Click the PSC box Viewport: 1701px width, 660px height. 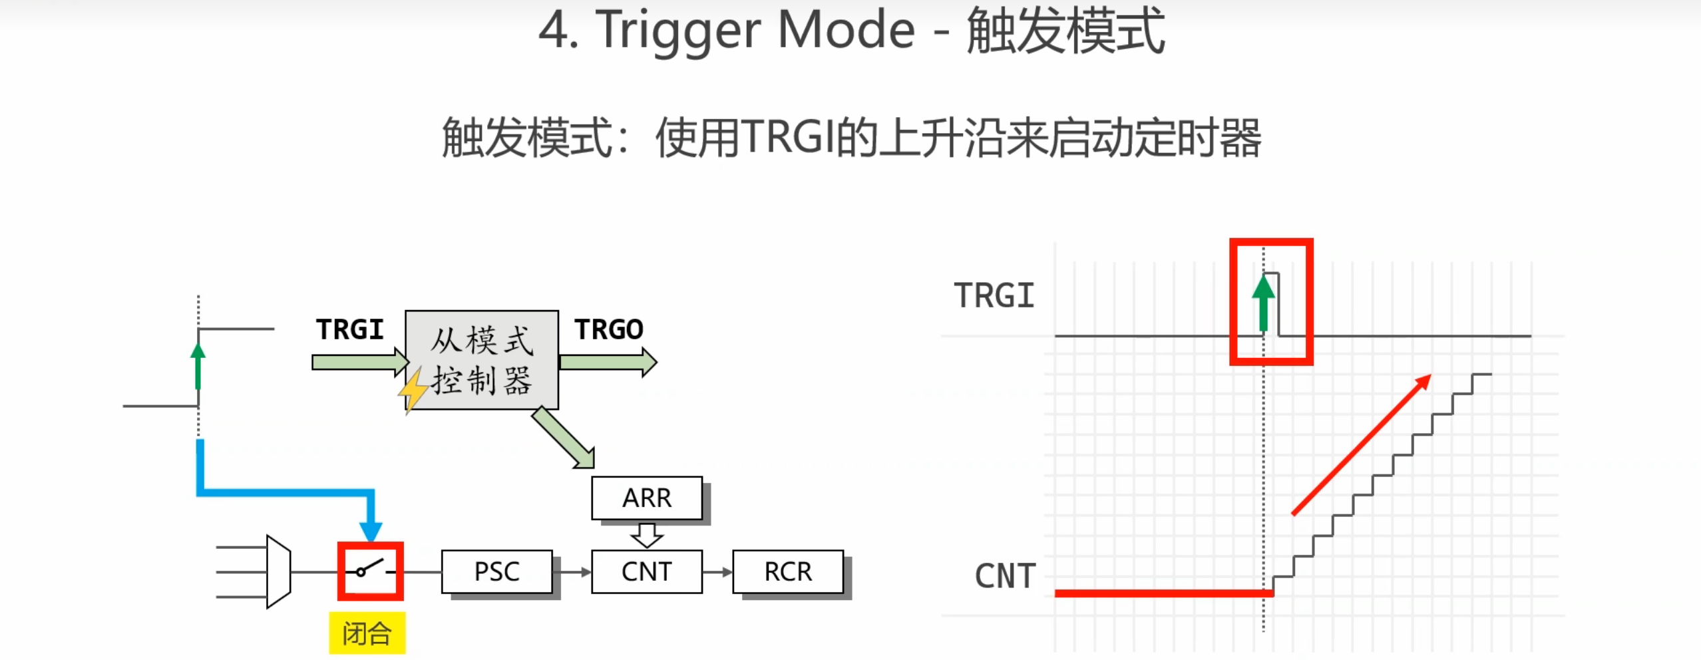[x=496, y=571]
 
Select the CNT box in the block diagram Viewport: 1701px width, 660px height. [x=646, y=571]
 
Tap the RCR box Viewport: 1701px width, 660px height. [x=788, y=571]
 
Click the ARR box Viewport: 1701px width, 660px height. [x=646, y=498]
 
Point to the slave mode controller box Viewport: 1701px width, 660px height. [x=481, y=359]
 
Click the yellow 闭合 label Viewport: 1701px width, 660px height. [x=367, y=633]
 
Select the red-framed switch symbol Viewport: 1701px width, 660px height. [x=370, y=571]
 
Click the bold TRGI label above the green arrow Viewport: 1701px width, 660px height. [x=350, y=329]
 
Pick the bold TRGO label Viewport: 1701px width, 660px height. [x=609, y=329]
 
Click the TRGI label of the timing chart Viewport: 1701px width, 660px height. [x=994, y=295]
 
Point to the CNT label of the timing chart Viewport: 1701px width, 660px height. [x=1005, y=576]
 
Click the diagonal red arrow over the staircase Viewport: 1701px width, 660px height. [x=1360, y=444]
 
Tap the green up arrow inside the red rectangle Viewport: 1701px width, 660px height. [x=1263, y=303]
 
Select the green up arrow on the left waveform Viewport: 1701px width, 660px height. [x=198, y=366]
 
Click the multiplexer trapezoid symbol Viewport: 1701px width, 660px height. [x=278, y=571]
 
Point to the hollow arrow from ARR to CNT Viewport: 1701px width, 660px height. [x=646, y=534]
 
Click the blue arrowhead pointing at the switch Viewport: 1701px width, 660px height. [x=371, y=530]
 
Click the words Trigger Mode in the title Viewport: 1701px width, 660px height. [x=755, y=31]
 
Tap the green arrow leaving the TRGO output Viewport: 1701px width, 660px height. [x=608, y=362]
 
